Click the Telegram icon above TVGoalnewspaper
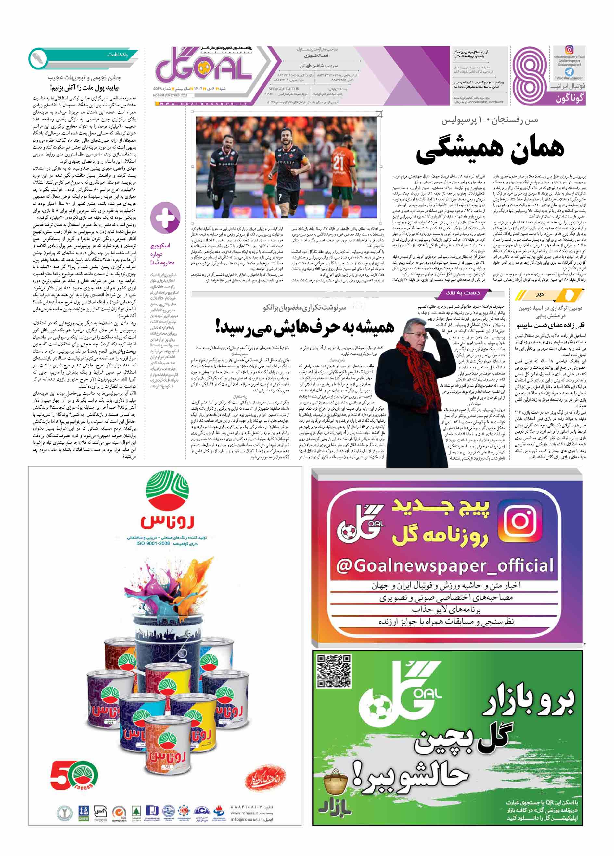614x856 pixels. point(569,71)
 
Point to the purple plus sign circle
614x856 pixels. point(165,217)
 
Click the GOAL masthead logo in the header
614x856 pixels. point(204,70)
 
